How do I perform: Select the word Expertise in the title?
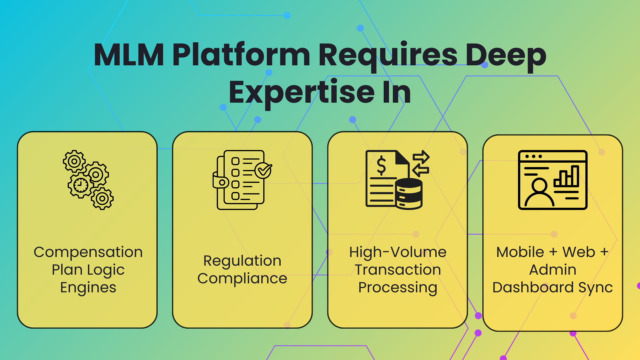pos(301,92)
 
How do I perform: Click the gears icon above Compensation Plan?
pos(88,180)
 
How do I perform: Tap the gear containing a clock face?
pos(80,185)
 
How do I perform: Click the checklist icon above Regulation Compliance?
pos(242,180)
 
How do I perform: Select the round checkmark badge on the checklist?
pos(263,170)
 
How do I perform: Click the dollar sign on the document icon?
pos(381,166)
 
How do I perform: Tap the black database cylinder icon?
pos(409,194)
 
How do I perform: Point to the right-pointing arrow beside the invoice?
pos(421,157)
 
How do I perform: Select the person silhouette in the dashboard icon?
pos(539,193)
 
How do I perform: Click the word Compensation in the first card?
pos(88,252)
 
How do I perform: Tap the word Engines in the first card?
pos(88,288)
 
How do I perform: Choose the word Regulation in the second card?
pos(242,261)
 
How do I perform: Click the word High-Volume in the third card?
pos(398,252)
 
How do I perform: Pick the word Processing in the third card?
pos(398,288)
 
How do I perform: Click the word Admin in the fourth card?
pos(553,270)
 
